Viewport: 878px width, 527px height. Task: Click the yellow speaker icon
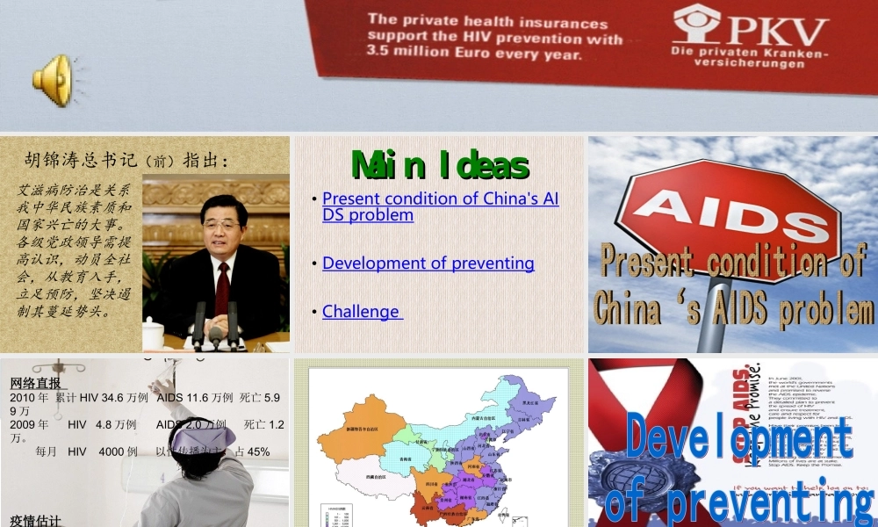click(53, 80)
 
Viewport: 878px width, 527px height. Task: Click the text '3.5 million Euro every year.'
click(473, 54)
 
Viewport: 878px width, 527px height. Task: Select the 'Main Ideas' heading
click(439, 165)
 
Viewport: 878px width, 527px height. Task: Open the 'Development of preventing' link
click(428, 263)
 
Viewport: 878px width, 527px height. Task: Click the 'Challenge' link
click(362, 311)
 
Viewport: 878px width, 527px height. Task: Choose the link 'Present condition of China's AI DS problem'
click(440, 206)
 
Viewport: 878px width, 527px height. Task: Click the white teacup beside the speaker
click(154, 334)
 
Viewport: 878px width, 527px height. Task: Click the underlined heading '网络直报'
click(36, 383)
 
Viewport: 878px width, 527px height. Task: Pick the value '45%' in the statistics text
click(258, 451)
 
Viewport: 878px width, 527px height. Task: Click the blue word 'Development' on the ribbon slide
click(738, 437)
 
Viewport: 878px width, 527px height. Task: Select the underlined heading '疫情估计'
click(36, 521)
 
